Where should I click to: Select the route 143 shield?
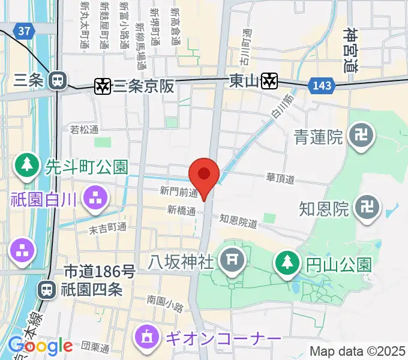[322, 86]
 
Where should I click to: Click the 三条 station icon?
[58, 80]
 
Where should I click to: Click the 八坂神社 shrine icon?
[230, 261]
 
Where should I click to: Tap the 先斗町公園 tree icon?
[27, 166]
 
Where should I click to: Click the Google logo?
[40, 346]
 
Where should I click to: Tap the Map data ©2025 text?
[357, 351]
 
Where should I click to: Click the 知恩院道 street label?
[238, 221]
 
